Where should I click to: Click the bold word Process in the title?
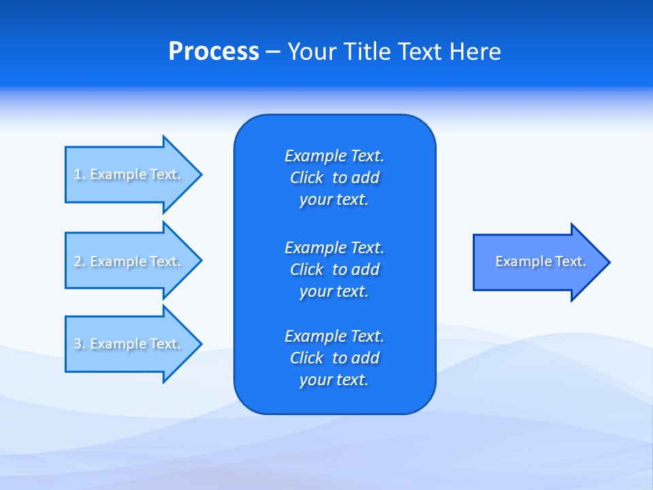[214, 52]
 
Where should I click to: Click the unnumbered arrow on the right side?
[537, 262]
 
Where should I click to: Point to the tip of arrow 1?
[199, 174]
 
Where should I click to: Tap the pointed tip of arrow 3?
[199, 344]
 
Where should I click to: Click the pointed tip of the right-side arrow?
[607, 262]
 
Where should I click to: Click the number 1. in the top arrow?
[80, 175]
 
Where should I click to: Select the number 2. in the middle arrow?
[80, 261]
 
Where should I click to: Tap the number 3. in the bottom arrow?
[80, 344]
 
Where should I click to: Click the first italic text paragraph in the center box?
[334, 178]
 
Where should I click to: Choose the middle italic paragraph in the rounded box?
[334, 269]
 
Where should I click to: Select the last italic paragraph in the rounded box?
[334, 358]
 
